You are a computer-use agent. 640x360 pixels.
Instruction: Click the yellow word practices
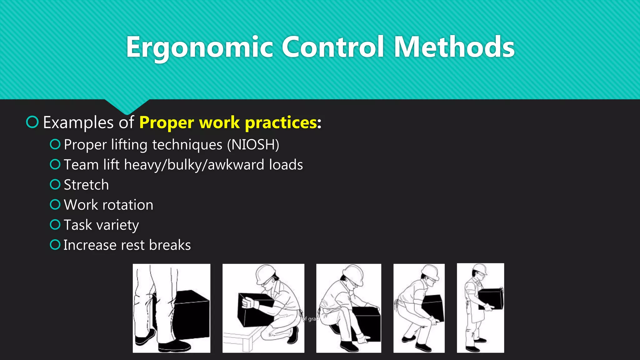coord(281,122)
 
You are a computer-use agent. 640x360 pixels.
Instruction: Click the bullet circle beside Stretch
coord(55,184)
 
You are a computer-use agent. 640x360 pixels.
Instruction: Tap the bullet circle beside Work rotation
coord(55,205)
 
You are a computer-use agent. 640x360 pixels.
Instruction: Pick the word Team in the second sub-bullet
coord(81,165)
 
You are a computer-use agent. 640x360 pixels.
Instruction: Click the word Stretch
coord(86,185)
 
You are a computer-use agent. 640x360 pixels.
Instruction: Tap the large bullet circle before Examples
coord(32,122)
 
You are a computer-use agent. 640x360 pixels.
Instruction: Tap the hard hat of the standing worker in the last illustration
coord(480,269)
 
